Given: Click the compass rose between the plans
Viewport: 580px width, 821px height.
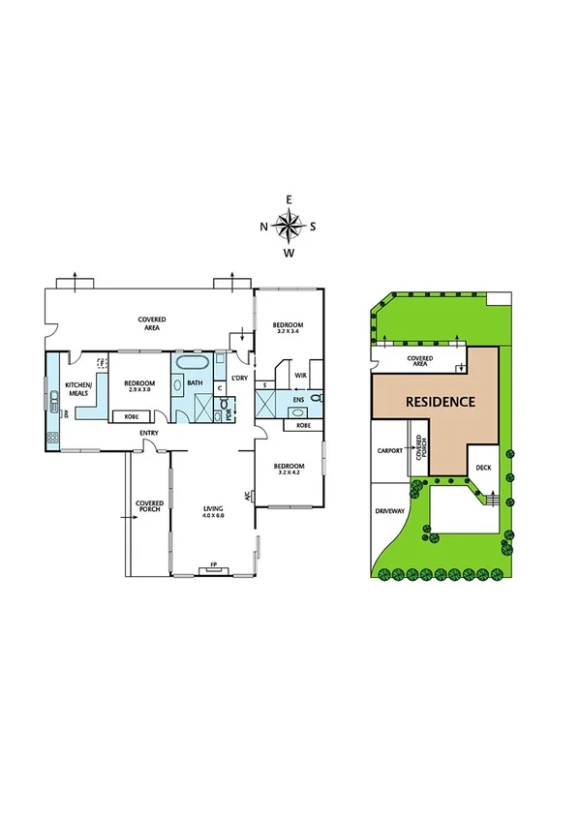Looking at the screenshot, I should [x=289, y=227].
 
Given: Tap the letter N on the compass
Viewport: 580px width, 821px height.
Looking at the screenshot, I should [x=263, y=228].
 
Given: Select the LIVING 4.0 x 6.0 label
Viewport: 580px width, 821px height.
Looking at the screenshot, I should [x=213, y=511].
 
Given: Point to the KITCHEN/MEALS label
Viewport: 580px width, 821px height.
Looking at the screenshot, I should [x=78, y=389].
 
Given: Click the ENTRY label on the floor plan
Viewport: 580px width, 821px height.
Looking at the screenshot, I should [x=148, y=433].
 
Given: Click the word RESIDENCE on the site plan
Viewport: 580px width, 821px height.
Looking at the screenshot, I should [x=439, y=401].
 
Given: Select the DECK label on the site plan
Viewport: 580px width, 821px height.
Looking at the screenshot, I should [x=484, y=470].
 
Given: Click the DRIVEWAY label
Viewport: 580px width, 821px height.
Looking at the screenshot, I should [x=391, y=514].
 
